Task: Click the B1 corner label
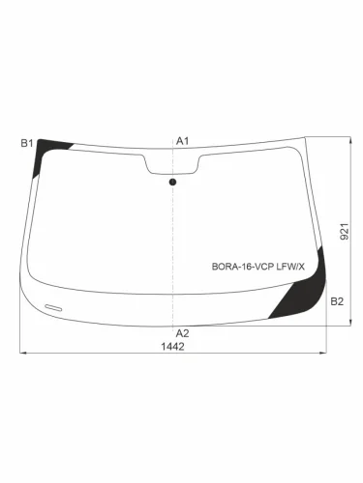[27, 143]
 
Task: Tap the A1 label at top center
[181, 141]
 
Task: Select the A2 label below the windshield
[181, 333]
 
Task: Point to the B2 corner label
[336, 302]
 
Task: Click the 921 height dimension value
[344, 232]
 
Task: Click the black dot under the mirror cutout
[173, 182]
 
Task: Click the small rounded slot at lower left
[54, 305]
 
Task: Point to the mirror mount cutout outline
[173, 164]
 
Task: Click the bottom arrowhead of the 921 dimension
[349, 326]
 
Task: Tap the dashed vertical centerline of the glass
[173, 241]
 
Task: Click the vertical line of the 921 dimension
[349, 193]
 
